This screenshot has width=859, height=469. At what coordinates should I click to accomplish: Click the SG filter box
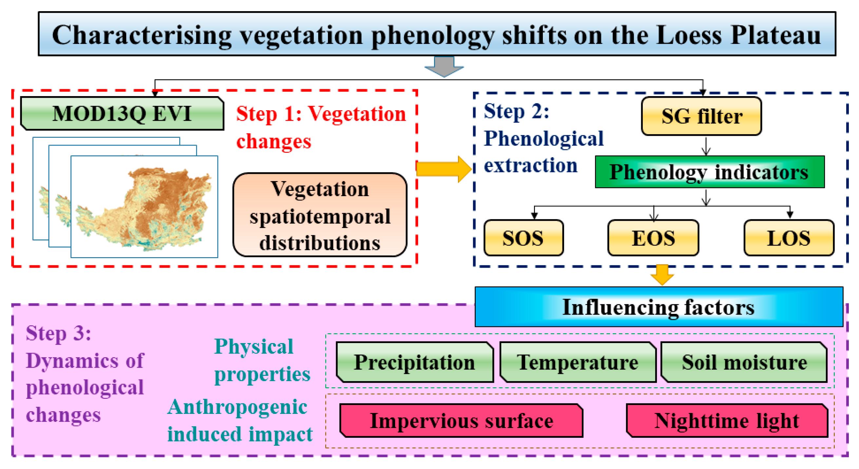point(701,116)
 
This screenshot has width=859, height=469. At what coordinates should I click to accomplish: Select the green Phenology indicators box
point(710,172)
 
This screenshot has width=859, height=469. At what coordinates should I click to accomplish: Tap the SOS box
point(524,238)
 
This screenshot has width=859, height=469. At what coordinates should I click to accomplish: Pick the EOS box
point(653,238)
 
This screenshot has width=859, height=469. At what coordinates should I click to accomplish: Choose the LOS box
point(789,238)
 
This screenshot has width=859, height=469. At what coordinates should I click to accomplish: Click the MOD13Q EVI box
point(122,113)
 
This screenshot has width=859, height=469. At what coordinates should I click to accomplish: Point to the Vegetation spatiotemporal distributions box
point(320,215)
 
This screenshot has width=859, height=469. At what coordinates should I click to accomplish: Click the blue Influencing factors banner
point(659,307)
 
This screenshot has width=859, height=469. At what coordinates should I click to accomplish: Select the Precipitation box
point(414,362)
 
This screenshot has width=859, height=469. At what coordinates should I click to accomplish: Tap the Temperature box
point(578,362)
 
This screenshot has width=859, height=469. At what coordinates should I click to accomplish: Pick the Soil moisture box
point(744,362)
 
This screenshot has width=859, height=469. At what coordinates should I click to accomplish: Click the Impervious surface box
point(462,420)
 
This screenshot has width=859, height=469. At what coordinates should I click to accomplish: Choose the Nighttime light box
point(727,420)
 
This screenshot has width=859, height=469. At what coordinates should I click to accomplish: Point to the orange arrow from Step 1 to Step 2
point(444,169)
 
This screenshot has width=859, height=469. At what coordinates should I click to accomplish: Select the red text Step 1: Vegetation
point(321,114)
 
